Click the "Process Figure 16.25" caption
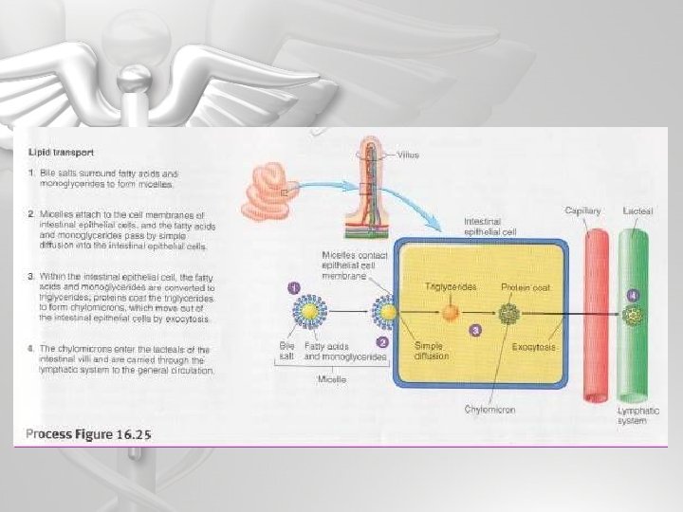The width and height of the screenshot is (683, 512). [88, 434]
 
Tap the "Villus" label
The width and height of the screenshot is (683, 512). [407, 154]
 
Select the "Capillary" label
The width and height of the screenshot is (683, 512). [582, 210]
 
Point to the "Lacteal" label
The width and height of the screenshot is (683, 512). [637, 210]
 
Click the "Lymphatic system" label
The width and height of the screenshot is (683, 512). [632, 416]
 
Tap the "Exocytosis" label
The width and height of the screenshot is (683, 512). [534, 347]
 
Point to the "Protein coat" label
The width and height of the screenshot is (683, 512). [526, 285]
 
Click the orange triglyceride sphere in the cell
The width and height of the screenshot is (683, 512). [451, 311]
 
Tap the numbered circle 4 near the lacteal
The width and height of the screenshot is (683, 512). [633, 295]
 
